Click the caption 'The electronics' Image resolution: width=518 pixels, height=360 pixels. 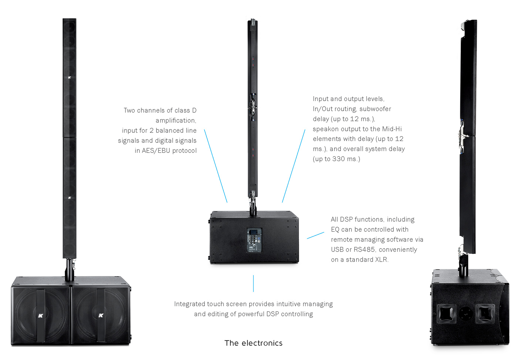tap(253, 343)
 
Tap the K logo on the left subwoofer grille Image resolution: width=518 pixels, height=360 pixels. tap(40, 316)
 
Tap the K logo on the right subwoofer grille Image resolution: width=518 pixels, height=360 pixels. tap(101, 315)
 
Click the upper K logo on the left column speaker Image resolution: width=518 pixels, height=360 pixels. tap(70, 77)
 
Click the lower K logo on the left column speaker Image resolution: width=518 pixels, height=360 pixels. tap(70, 198)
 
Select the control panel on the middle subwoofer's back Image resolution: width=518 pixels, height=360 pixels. tap(254, 240)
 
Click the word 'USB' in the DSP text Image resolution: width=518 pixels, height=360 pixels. tap(337, 249)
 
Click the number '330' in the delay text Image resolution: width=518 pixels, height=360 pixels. tap(339, 159)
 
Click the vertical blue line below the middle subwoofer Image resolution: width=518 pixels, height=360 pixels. tap(253, 283)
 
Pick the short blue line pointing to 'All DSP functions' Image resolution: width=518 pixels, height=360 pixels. tap(315, 235)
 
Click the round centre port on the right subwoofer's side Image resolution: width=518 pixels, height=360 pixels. tap(466, 313)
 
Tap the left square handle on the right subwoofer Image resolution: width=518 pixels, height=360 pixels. tap(446, 314)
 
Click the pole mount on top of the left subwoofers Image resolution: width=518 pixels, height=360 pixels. tap(70, 270)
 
